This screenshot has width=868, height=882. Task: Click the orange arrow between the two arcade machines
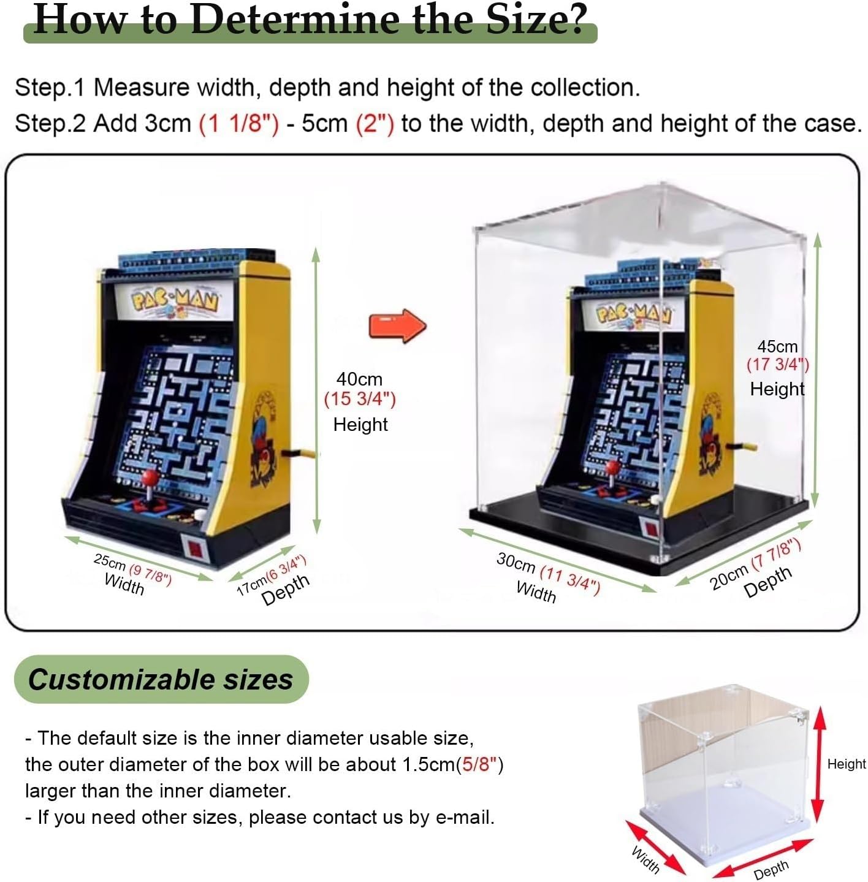397,325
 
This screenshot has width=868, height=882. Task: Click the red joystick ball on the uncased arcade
151,478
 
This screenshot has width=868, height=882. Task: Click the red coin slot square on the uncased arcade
194,547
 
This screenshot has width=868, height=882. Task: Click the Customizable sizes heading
161,679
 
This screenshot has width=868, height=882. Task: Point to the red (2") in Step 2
375,124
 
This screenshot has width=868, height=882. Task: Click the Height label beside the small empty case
847,764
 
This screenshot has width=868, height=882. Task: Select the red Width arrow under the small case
655,847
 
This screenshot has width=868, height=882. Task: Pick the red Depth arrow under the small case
763,858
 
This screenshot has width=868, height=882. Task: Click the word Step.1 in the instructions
50,88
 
